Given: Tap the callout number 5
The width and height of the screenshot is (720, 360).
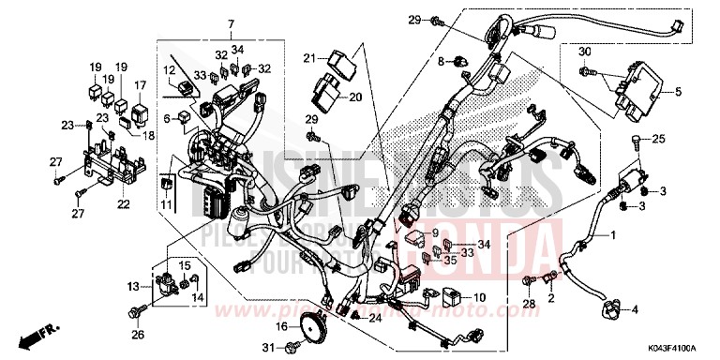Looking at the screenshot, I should [681, 92].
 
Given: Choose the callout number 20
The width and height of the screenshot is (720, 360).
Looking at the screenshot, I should [355, 97].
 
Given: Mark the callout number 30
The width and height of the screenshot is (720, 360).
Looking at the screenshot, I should [583, 50].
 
